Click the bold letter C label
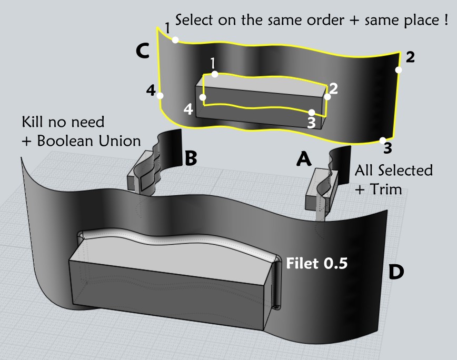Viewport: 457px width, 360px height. (x=143, y=51)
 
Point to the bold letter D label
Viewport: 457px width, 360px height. (x=396, y=272)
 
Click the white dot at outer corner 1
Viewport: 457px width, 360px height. (x=175, y=39)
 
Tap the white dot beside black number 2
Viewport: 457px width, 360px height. (x=399, y=69)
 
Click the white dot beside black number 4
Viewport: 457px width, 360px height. (x=161, y=96)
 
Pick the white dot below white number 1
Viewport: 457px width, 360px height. (x=214, y=75)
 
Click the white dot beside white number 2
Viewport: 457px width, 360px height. (x=327, y=96)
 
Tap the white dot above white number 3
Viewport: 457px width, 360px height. (x=312, y=112)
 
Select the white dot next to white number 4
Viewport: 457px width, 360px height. (x=203, y=97)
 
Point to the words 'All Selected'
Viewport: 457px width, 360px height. (x=393, y=171)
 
